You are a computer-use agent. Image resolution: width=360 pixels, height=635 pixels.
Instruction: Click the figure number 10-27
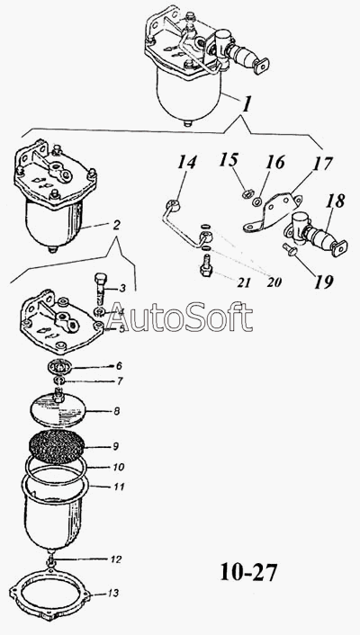point(248,572)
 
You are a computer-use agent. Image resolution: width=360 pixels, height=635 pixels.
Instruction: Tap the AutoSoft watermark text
point(179,317)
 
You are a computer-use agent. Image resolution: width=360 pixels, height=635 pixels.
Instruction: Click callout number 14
point(186,163)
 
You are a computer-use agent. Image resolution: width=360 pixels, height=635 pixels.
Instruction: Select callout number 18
point(334,201)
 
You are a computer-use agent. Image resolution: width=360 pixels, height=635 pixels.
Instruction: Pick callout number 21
point(244,282)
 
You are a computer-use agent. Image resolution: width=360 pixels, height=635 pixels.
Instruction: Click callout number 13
point(113,593)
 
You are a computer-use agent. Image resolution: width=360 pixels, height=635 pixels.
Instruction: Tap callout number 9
point(115,446)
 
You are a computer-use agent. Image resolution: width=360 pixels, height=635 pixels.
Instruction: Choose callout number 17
point(322,165)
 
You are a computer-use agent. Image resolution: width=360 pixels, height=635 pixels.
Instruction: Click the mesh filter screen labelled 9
point(57,447)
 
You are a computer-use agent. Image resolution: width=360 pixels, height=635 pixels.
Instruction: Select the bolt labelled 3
point(100,288)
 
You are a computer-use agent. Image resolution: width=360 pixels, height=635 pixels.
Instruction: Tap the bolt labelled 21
point(205,265)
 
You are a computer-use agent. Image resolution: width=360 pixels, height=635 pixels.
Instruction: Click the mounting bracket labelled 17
point(273,210)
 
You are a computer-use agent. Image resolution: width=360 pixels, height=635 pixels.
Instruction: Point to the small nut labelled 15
point(246,194)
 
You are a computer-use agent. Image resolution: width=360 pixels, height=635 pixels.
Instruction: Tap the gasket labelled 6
point(60,367)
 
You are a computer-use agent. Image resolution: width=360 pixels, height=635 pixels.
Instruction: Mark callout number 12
point(115,559)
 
